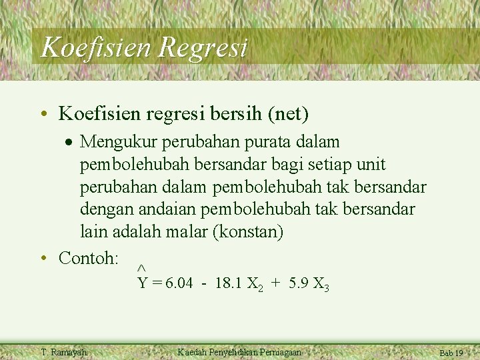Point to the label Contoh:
point(89,257)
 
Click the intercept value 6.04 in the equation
point(179,283)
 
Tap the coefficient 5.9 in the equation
point(298,283)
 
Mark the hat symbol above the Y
point(141,268)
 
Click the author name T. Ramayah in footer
point(63,352)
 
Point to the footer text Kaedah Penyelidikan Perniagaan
point(239,352)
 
